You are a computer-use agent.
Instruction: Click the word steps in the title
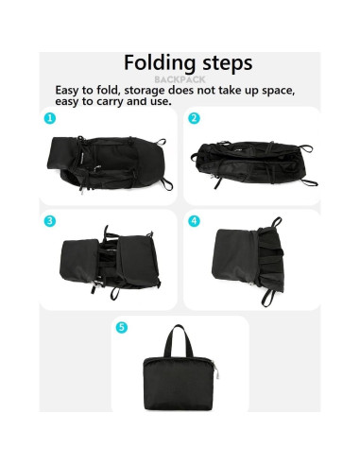click(220, 64)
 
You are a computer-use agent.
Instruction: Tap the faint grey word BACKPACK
click(180, 80)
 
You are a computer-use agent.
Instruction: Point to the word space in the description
click(276, 91)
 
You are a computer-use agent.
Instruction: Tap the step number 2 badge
click(194, 119)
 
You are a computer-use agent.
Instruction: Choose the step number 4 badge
click(194, 221)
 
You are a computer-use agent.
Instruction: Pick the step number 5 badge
click(121, 327)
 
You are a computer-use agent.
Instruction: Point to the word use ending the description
click(160, 101)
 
